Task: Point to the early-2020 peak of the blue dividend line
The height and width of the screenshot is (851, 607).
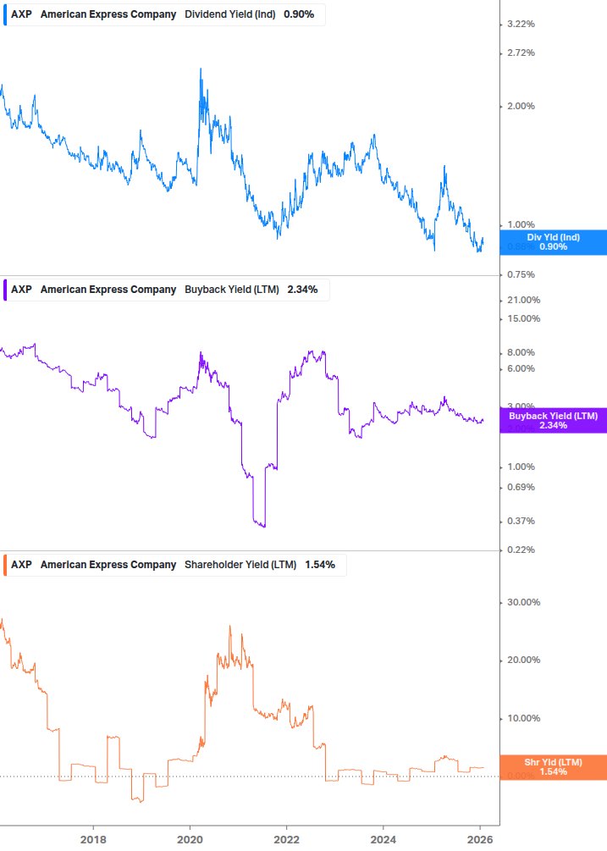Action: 201,69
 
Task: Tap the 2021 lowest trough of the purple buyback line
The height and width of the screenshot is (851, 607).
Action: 263,527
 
